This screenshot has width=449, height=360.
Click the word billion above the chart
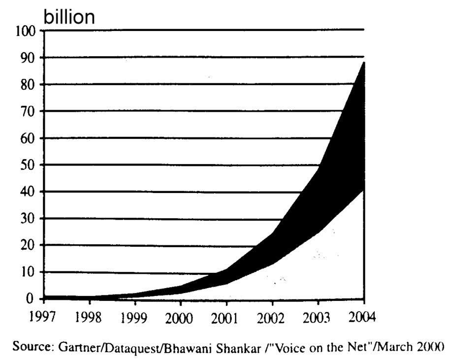click(69, 17)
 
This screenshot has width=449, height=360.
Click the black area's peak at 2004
click(363, 64)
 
